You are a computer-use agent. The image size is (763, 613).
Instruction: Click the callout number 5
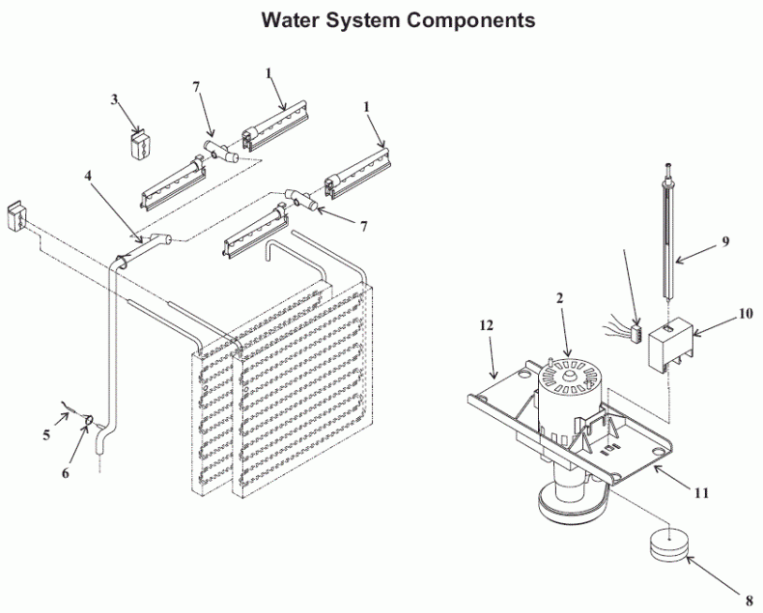[x=45, y=435]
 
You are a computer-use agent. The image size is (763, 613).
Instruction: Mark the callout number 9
[x=724, y=243]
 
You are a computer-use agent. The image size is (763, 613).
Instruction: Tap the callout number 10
[x=745, y=313]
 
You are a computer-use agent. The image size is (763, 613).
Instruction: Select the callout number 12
[x=486, y=325]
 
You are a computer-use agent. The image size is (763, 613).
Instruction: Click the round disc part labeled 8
[x=665, y=546]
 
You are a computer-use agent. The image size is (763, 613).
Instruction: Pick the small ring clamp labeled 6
[x=88, y=420]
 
